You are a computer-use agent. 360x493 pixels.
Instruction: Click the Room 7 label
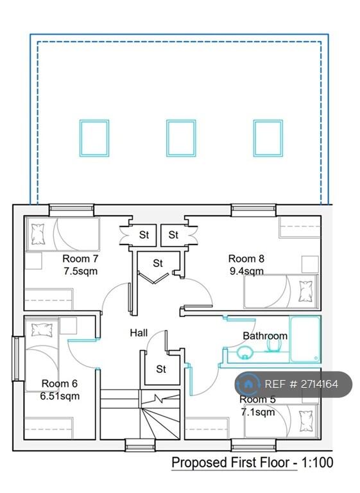click(x=80, y=259)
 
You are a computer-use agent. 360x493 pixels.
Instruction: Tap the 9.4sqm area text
click(x=246, y=271)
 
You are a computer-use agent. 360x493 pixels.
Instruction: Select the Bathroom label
click(x=264, y=336)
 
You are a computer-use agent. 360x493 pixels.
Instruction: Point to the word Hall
click(x=139, y=333)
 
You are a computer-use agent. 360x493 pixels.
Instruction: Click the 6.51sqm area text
click(x=60, y=396)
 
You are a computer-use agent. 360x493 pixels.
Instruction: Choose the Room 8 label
click(x=246, y=259)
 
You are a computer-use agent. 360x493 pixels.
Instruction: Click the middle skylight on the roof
click(x=180, y=138)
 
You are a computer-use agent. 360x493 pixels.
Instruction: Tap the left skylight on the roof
click(x=94, y=138)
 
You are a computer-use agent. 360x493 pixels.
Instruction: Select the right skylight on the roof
click(x=268, y=138)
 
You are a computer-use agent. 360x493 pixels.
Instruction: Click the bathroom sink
click(x=244, y=352)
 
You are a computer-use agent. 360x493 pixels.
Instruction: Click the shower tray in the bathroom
click(x=304, y=339)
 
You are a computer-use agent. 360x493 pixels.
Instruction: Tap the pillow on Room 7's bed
click(x=37, y=234)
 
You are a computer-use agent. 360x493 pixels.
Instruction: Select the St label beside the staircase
click(x=161, y=369)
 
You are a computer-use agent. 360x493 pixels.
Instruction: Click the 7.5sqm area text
click(x=80, y=271)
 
